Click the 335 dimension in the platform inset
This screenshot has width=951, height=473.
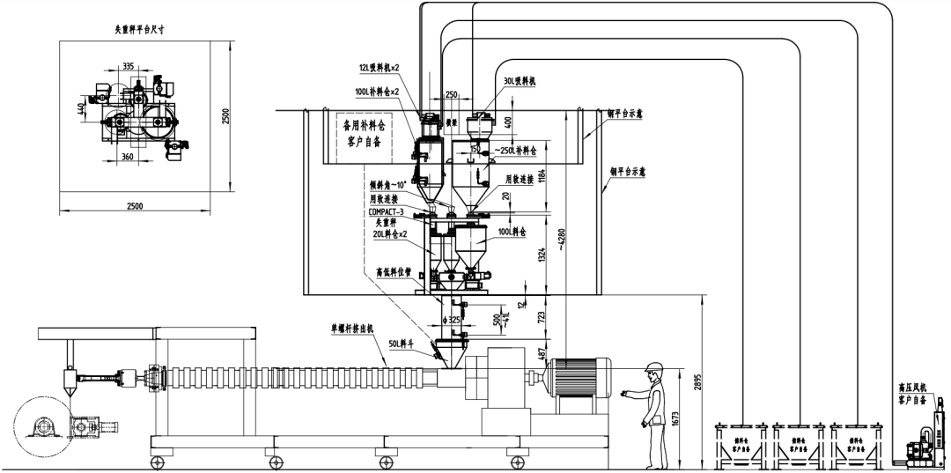(x=129, y=66)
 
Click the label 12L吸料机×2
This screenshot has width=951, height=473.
(x=380, y=68)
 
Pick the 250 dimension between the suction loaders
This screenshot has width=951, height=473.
(x=452, y=93)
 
